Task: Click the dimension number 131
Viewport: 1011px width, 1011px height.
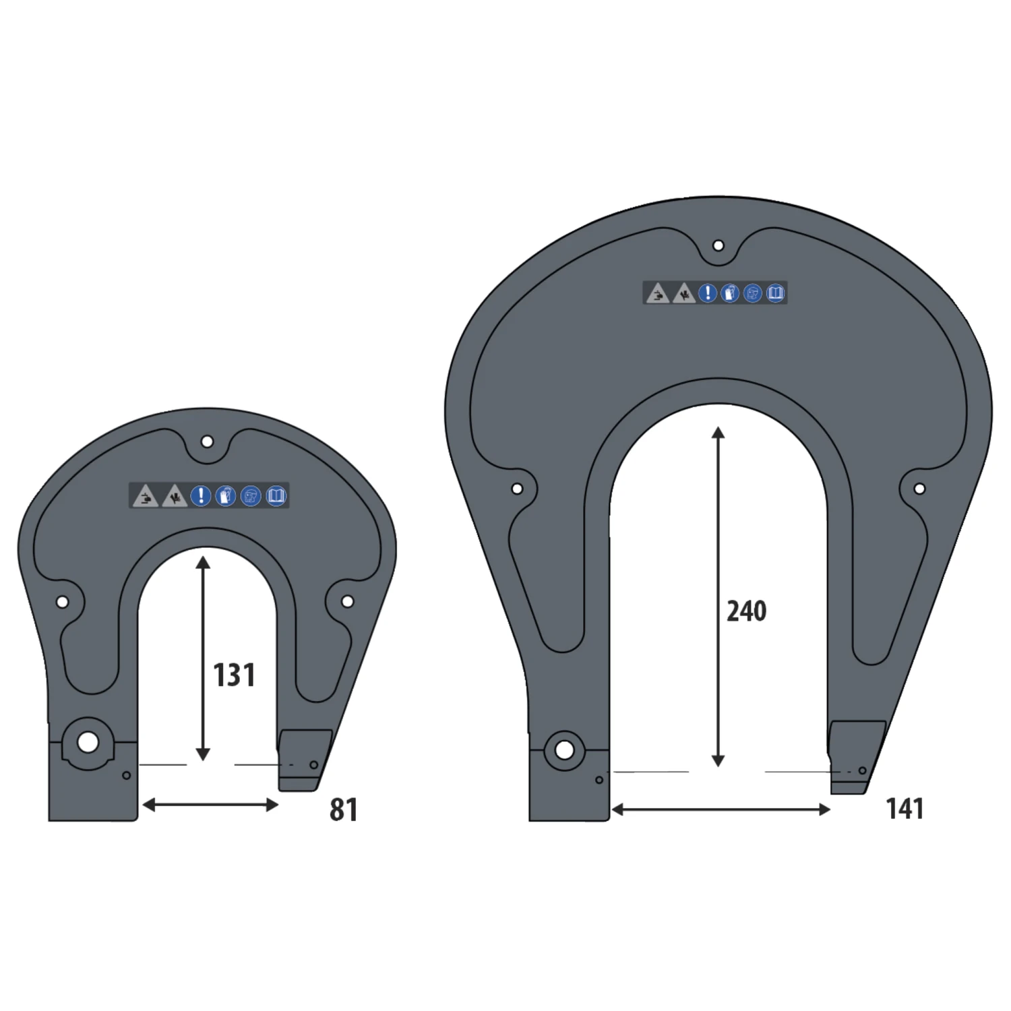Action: (234, 675)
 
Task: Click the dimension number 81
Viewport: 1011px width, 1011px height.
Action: (343, 809)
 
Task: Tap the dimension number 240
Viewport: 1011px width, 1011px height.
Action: (746, 611)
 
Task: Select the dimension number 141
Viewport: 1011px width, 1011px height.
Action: (904, 808)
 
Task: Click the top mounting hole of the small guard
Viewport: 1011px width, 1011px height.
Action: (207, 442)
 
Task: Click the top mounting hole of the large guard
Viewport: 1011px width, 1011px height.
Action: (718, 245)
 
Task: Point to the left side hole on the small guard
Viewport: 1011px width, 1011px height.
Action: (62, 602)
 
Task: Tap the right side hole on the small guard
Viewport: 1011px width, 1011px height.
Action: (347, 601)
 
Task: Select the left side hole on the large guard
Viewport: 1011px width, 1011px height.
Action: (517, 489)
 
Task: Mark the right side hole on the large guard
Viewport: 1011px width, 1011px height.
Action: (919, 489)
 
